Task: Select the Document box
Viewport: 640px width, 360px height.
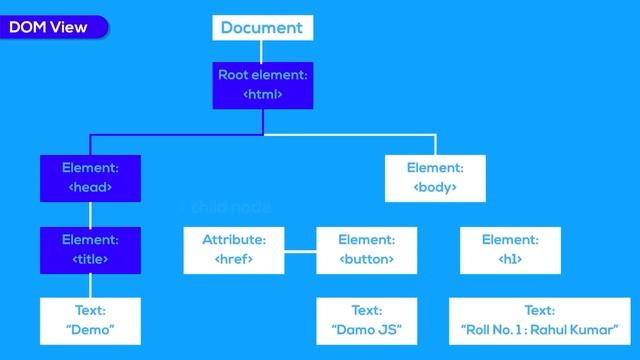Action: pyautogui.click(x=262, y=27)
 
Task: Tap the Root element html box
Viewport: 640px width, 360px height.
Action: pyautogui.click(x=262, y=84)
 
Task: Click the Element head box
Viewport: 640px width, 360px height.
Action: pyautogui.click(x=90, y=177)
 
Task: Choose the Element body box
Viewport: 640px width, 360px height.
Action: pyautogui.click(x=435, y=177)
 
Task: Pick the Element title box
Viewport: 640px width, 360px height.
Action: pyautogui.click(x=90, y=250)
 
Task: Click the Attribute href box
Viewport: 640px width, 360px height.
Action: pyautogui.click(x=234, y=250)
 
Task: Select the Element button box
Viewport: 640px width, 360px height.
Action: pyautogui.click(x=366, y=250)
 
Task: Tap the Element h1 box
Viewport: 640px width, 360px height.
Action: pyautogui.click(x=510, y=250)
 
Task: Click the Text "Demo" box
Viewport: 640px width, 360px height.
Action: pyautogui.click(x=90, y=320)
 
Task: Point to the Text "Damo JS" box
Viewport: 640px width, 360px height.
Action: pyautogui.click(x=366, y=320)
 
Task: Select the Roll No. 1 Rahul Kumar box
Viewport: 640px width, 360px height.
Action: pyautogui.click(x=539, y=320)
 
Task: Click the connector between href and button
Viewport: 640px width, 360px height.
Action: pyautogui.click(x=299, y=250)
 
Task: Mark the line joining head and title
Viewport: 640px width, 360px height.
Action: pyautogui.click(x=90, y=214)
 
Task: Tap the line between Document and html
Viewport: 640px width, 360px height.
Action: pyautogui.click(x=262, y=50)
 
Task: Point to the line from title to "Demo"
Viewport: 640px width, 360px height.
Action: pyautogui.click(x=90, y=285)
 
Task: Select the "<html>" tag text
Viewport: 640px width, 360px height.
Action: pyautogui.click(x=262, y=94)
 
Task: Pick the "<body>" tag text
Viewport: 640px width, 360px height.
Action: pyautogui.click(x=435, y=187)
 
